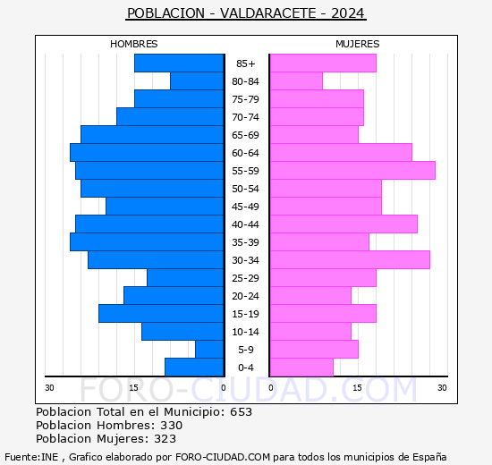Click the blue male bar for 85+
pos(179,63)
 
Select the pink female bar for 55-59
pos(352,171)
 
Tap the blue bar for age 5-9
pos(209,350)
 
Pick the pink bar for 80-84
pos(296,81)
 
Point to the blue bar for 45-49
pos(165,207)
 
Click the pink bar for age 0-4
pos(301,368)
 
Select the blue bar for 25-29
pos(185,278)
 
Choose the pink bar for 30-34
pos(350,260)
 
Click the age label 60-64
pos(245,153)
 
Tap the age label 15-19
pos(245,314)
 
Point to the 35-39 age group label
pos(245,242)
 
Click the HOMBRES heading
pos(133,44)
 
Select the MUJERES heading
pos(358,44)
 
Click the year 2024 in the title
pos(348,13)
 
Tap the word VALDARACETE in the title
pos(268,13)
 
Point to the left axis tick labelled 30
pos(49,388)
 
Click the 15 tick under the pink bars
pos(357,388)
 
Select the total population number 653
pos(241,411)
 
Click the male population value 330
pos(172,425)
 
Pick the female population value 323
pos(165,439)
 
